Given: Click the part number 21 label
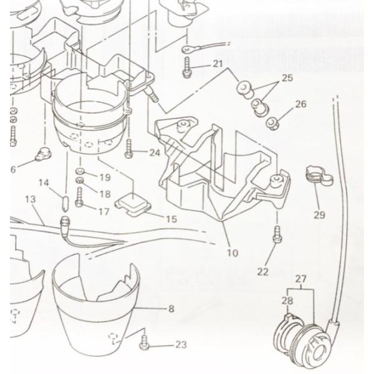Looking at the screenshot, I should tap(217, 64).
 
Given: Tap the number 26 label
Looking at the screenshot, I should tap(300, 104).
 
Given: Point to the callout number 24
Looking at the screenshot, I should tap(154, 152).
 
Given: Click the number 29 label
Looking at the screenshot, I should tap(320, 215).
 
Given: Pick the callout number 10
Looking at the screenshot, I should tap(232, 253).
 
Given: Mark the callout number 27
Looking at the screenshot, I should tap(304, 281).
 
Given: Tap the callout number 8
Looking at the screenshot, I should tap(171, 308).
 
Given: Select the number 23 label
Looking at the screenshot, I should tap(181, 344).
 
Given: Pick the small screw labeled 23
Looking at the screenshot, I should tap(145, 342).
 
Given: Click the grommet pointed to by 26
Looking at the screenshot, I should tap(272, 120).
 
